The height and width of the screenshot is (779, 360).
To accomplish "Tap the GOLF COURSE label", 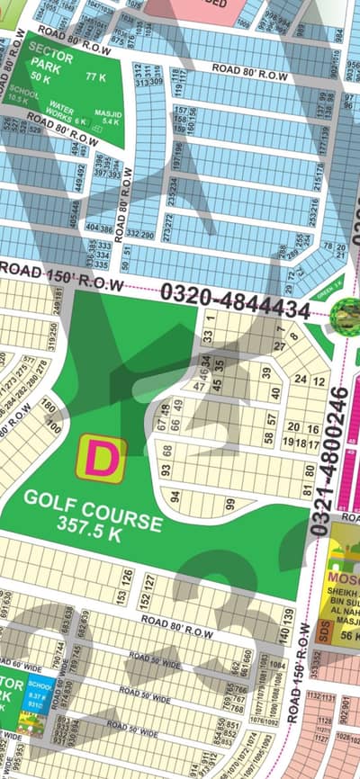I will [94, 500].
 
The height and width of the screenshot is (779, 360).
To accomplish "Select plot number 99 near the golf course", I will [230, 504].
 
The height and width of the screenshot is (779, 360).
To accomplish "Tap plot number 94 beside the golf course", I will [175, 496].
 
